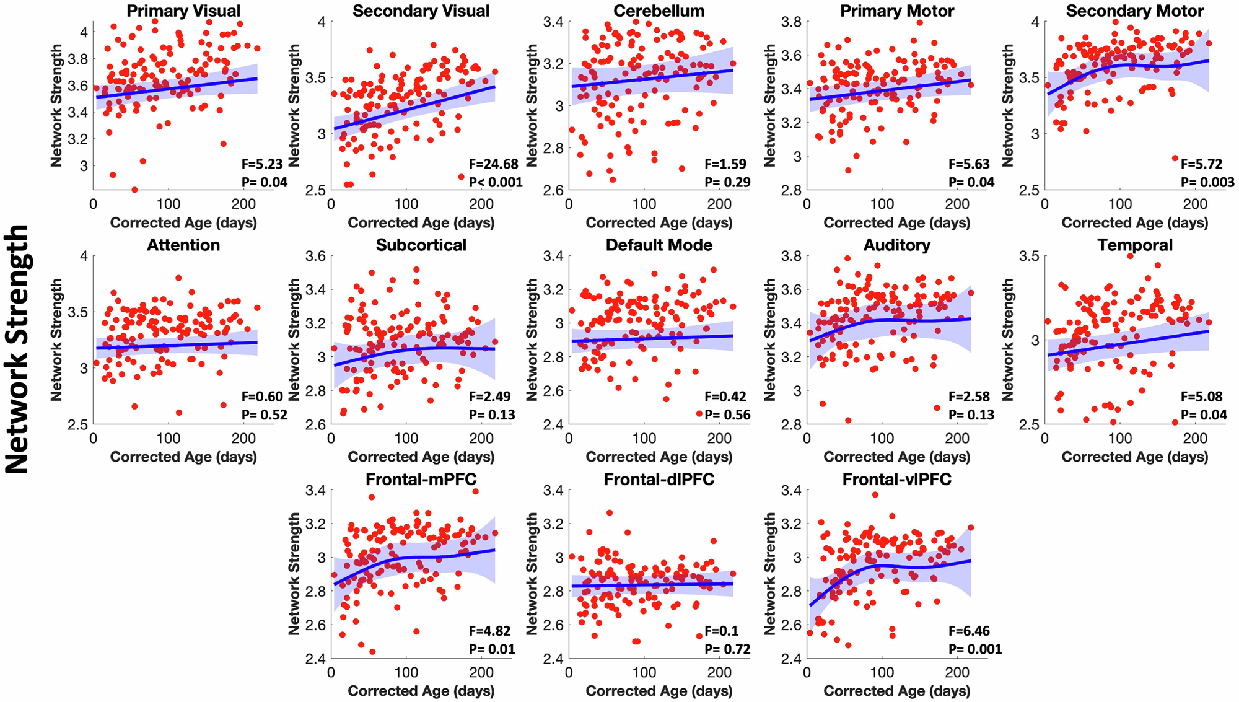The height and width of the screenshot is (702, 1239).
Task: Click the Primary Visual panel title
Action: click(183, 11)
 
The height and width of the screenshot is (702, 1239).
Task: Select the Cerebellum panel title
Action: click(659, 11)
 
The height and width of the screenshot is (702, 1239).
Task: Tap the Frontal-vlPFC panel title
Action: click(896, 480)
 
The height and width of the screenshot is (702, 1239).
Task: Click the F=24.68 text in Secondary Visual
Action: click(494, 164)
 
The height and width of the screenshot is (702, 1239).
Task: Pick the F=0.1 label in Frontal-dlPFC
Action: click(722, 631)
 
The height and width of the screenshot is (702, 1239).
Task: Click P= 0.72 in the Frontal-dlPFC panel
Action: click(727, 649)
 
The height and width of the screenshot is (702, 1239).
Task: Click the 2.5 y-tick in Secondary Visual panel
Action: click(316, 190)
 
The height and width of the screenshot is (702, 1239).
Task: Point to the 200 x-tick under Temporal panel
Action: click(1195, 439)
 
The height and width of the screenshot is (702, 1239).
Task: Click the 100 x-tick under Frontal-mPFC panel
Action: click(406, 673)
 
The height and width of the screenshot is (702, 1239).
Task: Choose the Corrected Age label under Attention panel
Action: click(183, 457)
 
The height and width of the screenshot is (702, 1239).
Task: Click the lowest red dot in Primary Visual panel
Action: click(134, 190)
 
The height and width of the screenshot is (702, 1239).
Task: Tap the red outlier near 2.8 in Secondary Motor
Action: click(1175, 159)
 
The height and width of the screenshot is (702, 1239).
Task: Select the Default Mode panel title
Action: click(659, 245)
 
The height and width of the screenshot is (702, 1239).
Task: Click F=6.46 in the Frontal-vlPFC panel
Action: click(970, 631)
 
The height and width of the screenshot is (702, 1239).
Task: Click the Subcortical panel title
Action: click(421, 245)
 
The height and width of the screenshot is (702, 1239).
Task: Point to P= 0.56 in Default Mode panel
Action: click(727, 415)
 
